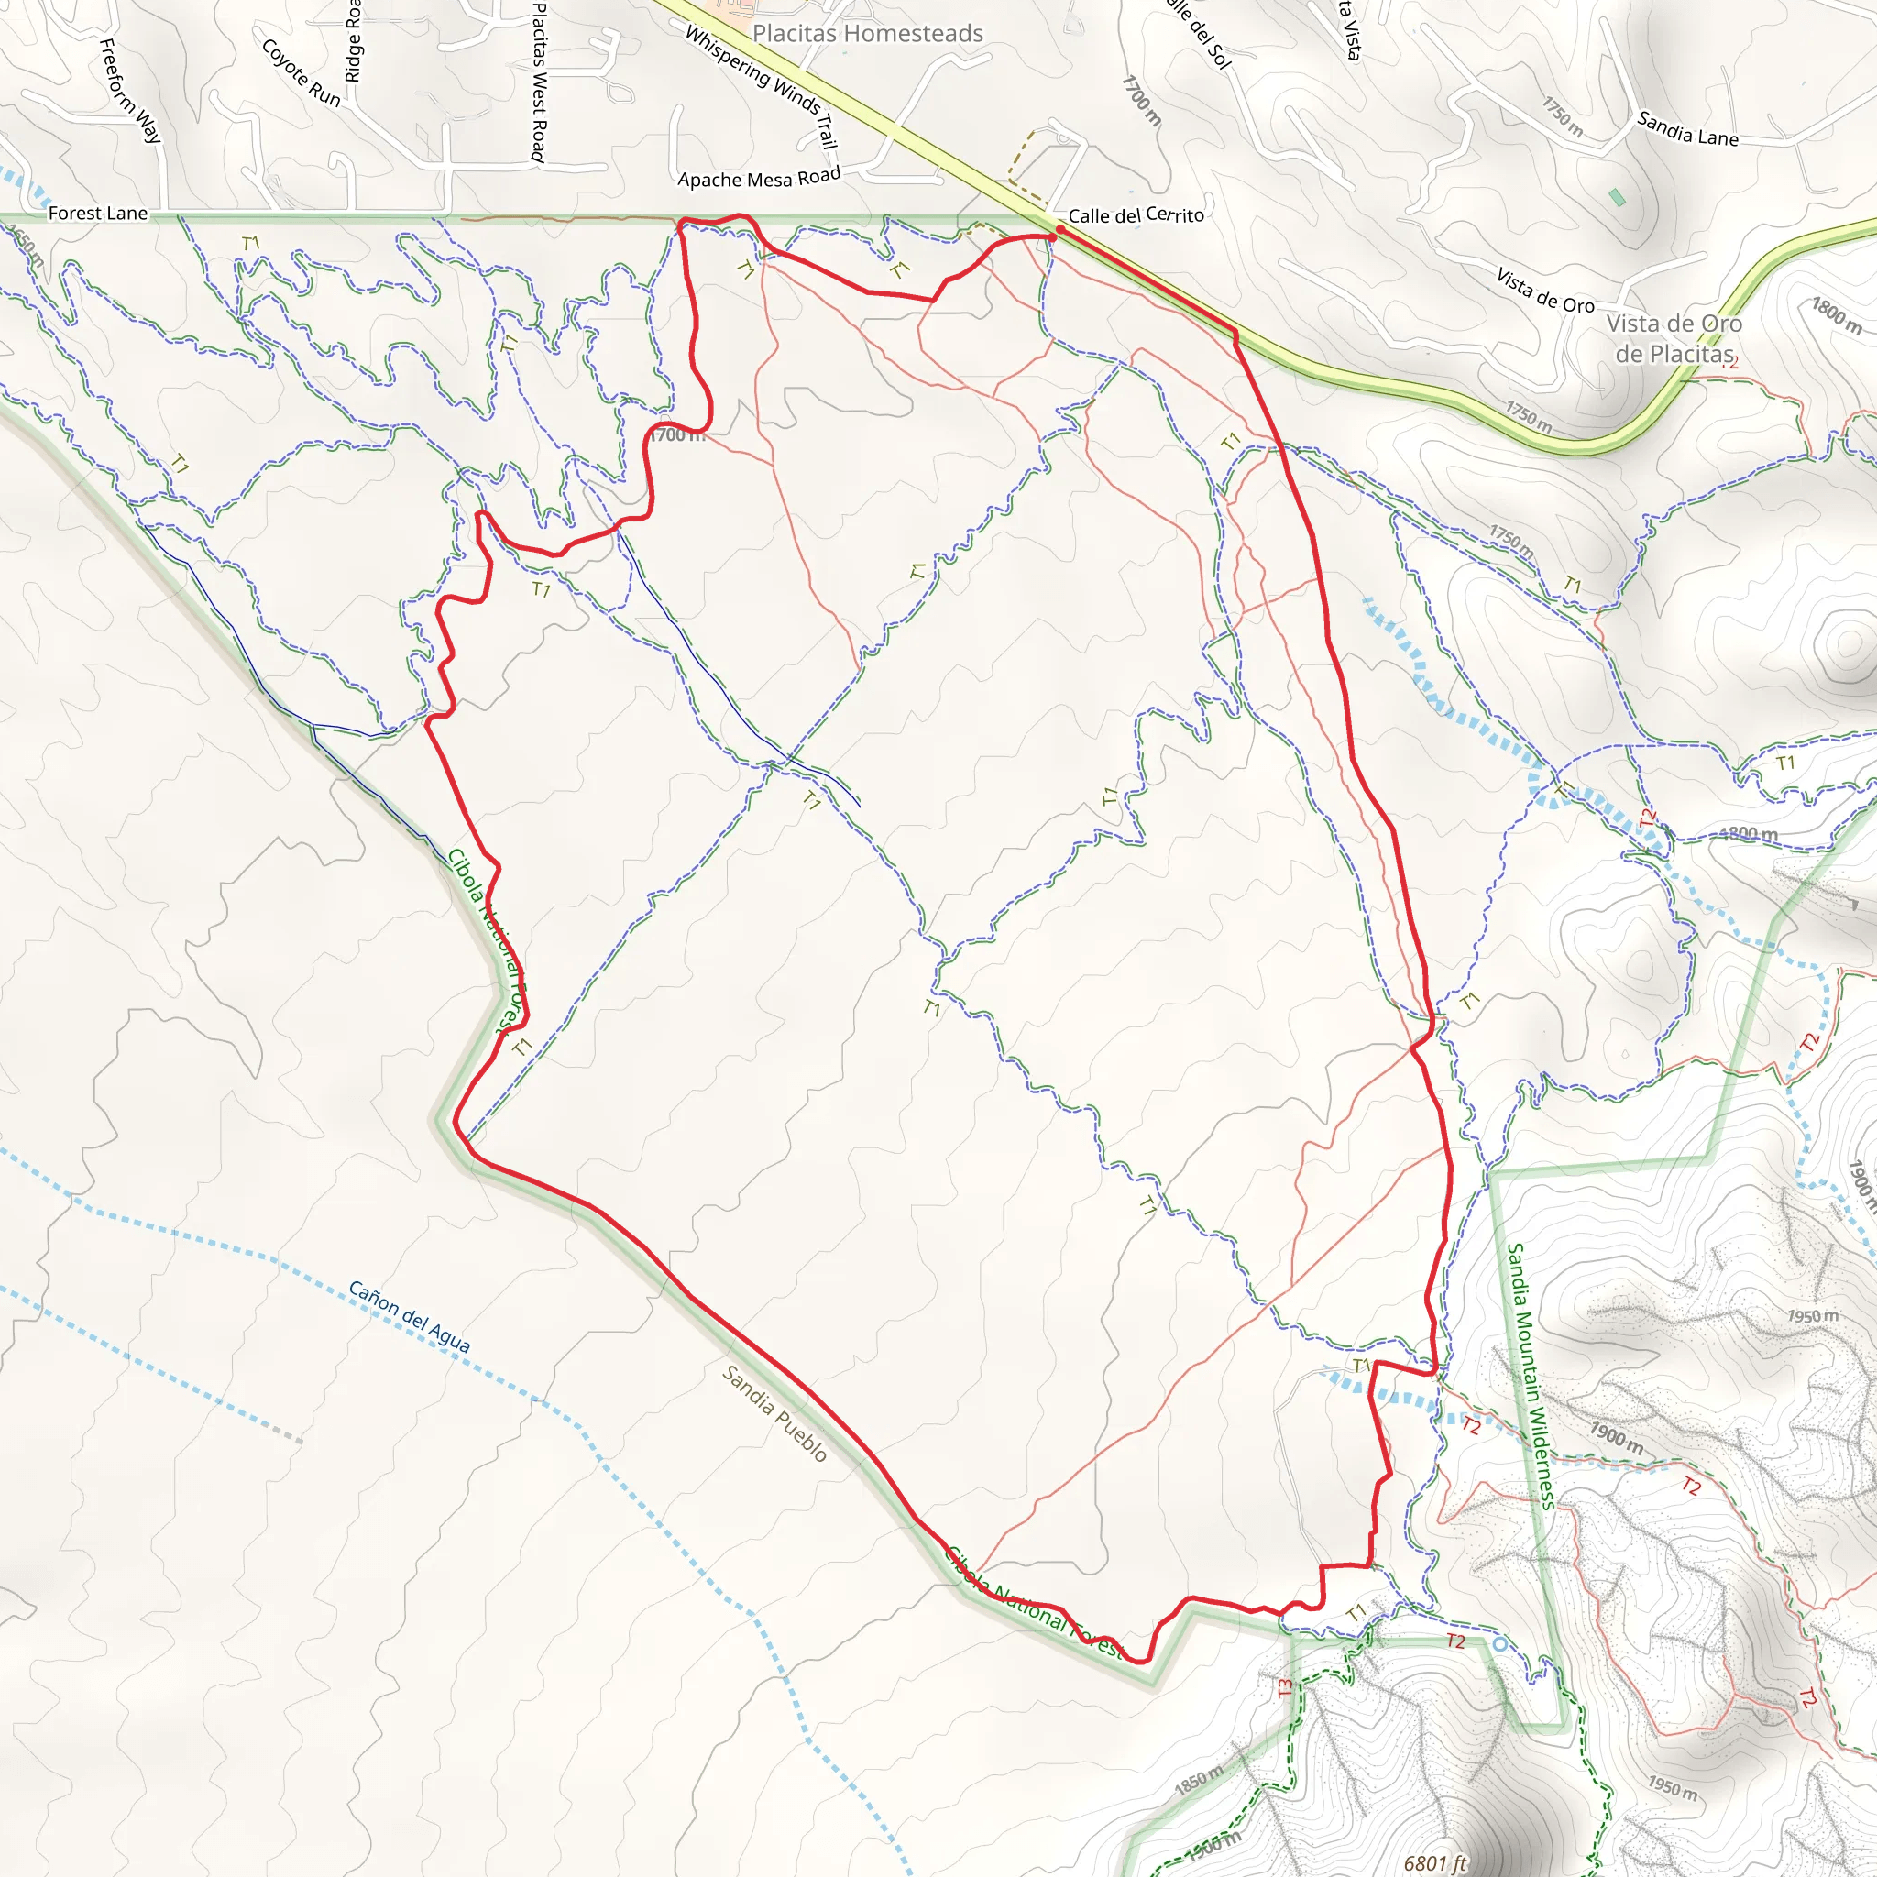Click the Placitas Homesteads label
pyautogui.click(x=868, y=34)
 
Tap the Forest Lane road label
pyautogui.click(x=98, y=213)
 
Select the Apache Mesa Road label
pyautogui.click(x=759, y=178)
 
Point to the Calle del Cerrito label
pyautogui.click(x=1136, y=215)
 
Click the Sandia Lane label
pyautogui.click(x=1687, y=129)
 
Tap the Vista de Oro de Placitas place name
pyautogui.click(x=1674, y=338)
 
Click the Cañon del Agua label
pyautogui.click(x=409, y=1317)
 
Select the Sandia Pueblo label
pyautogui.click(x=774, y=1413)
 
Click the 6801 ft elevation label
pyautogui.click(x=1435, y=1862)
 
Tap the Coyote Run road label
pyautogui.click(x=302, y=73)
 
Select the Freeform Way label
pyautogui.click(x=131, y=91)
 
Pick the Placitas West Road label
pyautogui.click(x=538, y=82)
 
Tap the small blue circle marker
pyautogui.click(x=1500, y=1644)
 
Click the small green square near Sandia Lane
pyautogui.click(x=1617, y=197)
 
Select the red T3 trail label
pyautogui.click(x=1285, y=1688)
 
